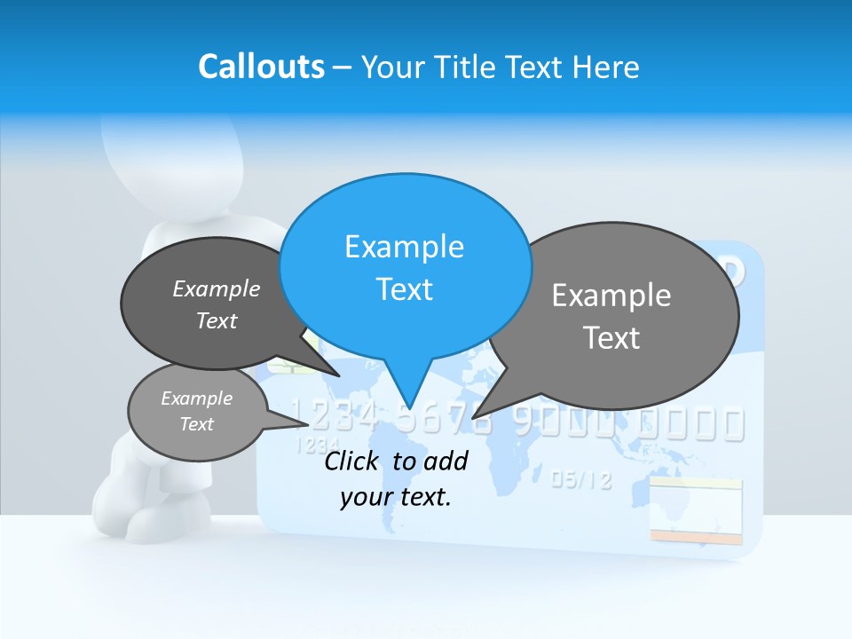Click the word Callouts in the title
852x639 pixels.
[261, 67]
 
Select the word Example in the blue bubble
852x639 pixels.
[404, 247]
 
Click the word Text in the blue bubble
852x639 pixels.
[404, 289]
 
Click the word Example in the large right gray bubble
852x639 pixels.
[611, 296]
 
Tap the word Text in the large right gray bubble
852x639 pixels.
[611, 338]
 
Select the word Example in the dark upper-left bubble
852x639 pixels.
[217, 289]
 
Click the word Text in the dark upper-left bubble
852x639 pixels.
[217, 320]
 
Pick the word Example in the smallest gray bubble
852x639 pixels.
[196, 398]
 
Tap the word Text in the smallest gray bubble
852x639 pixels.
[196, 424]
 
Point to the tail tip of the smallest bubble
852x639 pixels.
[332, 423]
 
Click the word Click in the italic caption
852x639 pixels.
[354, 461]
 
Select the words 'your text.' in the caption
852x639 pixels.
[396, 498]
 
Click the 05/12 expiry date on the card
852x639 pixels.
[581, 481]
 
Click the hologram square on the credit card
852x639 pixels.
[695, 509]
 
